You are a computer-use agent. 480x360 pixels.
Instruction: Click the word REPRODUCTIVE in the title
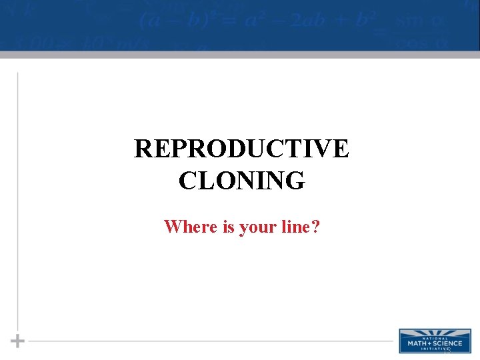coord(241,149)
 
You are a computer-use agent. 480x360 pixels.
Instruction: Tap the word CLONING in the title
coord(241,180)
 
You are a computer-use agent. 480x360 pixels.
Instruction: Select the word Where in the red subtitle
coord(191,227)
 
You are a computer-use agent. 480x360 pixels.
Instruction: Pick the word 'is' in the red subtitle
coord(228,227)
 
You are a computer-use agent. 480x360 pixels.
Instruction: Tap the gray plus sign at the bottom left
coord(18,341)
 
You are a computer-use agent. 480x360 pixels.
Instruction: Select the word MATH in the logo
coord(419,343)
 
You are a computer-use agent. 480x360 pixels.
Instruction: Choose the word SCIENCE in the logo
coord(447,343)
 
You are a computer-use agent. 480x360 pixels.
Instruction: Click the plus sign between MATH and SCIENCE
coord(431,343)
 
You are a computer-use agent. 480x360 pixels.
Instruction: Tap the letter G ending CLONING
coord(296,180)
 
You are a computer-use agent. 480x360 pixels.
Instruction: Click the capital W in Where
coord(173,227)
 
